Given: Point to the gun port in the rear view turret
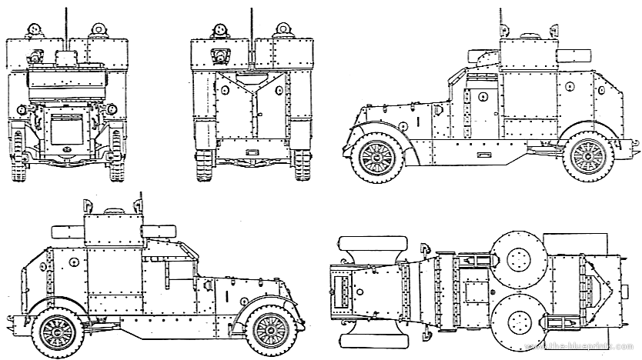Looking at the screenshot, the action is click(x=221, y=55).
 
